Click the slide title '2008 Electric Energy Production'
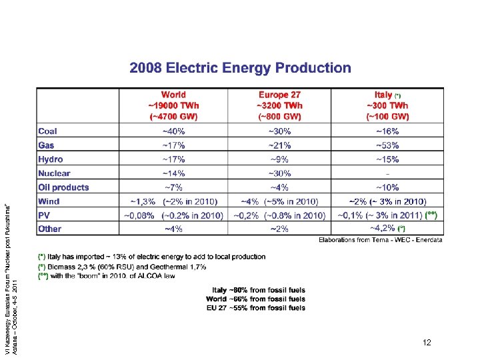(240, 68)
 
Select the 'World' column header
(173, 95)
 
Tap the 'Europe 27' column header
(279, 95)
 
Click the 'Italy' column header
(383, 95)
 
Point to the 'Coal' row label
(47, 131)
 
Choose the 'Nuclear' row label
(54, 173)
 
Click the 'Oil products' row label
(63, 187)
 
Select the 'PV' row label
(44, 215)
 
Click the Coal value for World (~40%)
(173, 131)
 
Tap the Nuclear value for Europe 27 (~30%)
(279, 173)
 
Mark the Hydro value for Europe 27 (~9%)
(279, 159)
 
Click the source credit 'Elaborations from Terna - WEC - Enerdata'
(380, 240)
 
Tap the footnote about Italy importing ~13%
(152, 257)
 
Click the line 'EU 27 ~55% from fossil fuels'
(256, 307)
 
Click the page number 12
(427, 343)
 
